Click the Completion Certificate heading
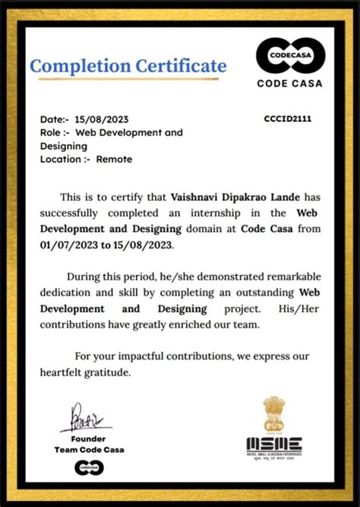tap(128, 66)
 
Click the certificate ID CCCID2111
tap(287, 119)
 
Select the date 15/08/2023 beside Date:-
tap(103, 119)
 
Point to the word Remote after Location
tap(114, 159)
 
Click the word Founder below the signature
tap(89, 439)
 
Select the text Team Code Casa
tap(89, 449)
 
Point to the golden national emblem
tap(273, 414)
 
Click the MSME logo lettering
tap(273, 445)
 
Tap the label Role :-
tap(55, 132)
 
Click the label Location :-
tap(65, 159)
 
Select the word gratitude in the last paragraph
tap(108, 372)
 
